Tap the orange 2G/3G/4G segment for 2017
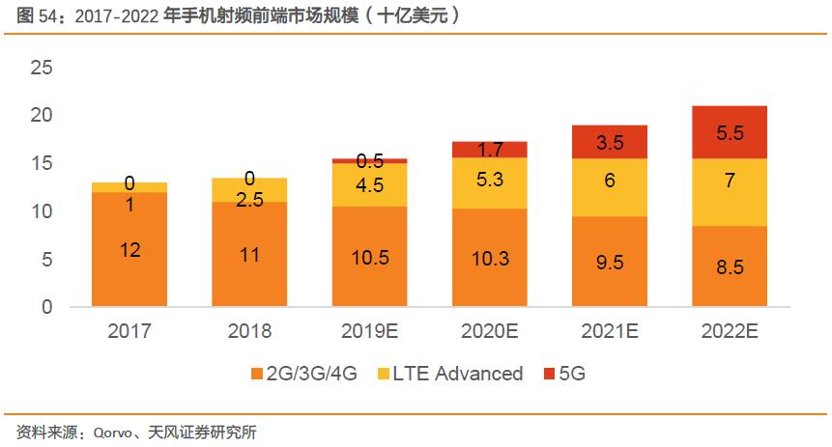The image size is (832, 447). [x=129, y=249]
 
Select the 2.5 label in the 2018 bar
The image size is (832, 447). [x=250, y=199]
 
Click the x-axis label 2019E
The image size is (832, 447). [x=371, y=331]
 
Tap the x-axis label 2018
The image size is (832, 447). [x=250, y=331]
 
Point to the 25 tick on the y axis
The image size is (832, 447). [x=42, y=68]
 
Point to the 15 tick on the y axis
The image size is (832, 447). [x=42, y=163]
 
